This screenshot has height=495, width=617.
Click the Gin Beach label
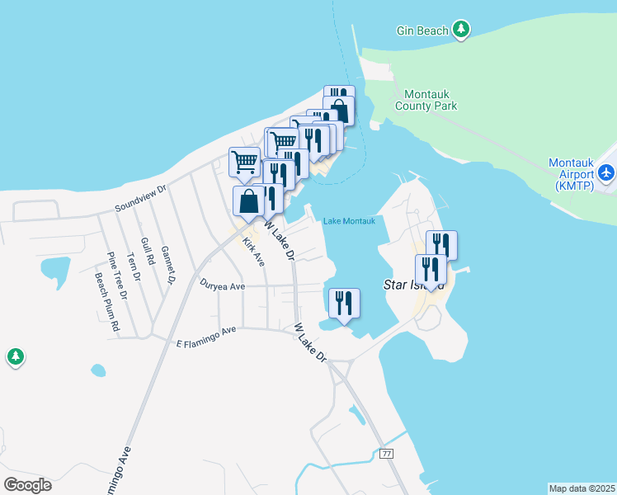coord(422,31)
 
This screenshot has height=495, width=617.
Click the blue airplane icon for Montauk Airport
coord(607,172)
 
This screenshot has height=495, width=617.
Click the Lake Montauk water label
coord(349,221)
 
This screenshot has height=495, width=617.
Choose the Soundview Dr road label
coord(140,198)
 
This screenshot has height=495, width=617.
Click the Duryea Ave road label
coord(223,286)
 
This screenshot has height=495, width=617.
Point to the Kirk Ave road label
coord(253,253)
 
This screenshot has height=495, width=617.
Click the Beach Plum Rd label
coord(106,302)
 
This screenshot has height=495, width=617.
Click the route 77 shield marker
coord(386,455)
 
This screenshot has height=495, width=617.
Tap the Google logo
coord(27,485)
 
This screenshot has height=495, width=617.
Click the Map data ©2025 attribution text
coord(582,488)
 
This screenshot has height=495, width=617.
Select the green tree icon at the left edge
coord(15,357)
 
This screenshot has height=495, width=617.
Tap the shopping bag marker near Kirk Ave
coord(249,200)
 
